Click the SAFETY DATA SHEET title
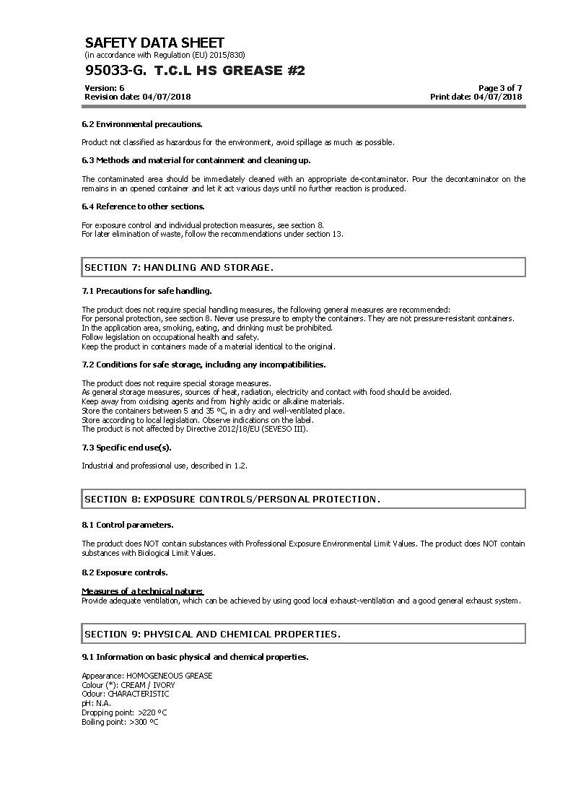(x=154, y=43)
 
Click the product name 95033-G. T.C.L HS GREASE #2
(x=195, y=70)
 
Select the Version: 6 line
(x=105, y=88)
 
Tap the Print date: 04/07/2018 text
(x=476, y=97)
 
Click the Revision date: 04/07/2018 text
(x=137, y=97)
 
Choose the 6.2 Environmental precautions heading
(x=142, y=124)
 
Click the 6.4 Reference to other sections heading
(x=143, y=206)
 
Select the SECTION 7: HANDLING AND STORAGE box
(x=303, y=267)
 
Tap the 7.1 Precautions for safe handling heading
(x=146, y=291)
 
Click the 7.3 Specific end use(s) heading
(x=126, y=448)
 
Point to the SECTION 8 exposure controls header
(x=303, y=499)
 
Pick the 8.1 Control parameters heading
(x=127, y=525)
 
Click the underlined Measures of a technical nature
(x=142, y=591)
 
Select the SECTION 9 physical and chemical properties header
(x=303, y=634)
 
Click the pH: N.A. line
(x=96, y=703)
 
